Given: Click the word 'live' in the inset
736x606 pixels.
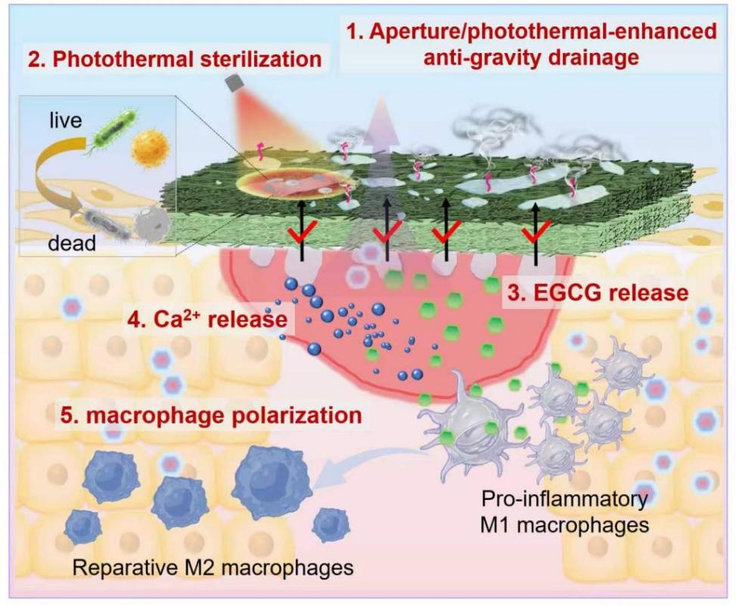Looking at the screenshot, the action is coord(66,120).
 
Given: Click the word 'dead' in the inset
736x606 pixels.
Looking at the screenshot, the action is coord(72,243).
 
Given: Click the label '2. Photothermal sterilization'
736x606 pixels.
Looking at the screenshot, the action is coord(175,60).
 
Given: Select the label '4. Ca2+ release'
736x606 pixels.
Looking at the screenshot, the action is coord(208,319).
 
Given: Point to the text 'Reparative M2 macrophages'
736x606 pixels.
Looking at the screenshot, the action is coord(213,567).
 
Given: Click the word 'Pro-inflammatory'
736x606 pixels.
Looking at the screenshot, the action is coord(565,499).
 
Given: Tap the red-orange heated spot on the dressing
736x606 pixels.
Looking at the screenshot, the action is coord(293,185).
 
